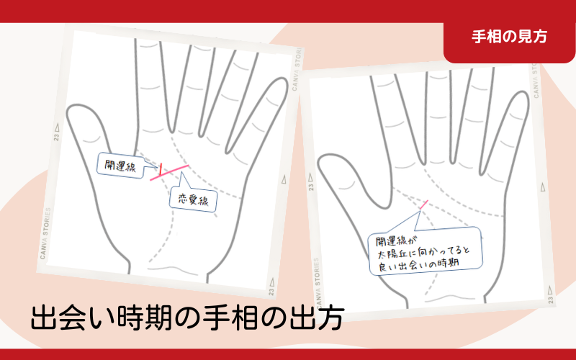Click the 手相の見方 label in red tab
tap(509, 37)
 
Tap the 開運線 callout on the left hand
tap(120, 166)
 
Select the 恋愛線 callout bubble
tap(193, 199)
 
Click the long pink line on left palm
tap(169, 173)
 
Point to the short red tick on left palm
tap(160, 169)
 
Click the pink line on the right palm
tap(424, 204)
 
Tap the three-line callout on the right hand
tap(426, 251)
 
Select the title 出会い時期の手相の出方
tap(187, 318)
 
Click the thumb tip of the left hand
tap(78, 107)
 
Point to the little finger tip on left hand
tap(279, 80)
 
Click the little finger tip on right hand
tap(520, 94)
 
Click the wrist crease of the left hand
tap(169, 269)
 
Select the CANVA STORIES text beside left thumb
tap(45, 233)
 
